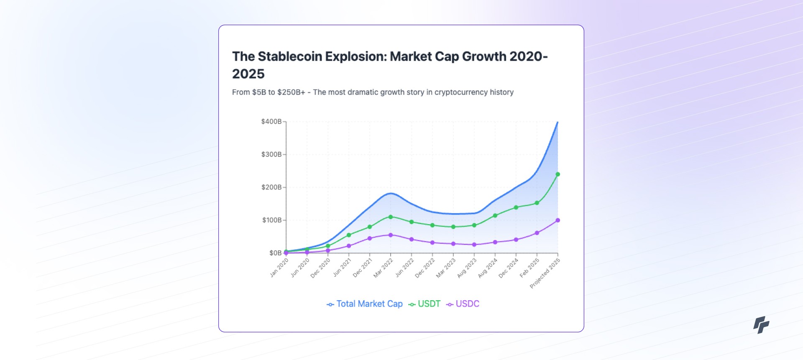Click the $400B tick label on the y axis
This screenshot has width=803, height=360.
[x=271, y=122]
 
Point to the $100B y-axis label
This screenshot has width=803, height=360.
[x=272, y=220]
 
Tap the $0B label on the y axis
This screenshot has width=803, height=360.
[x=275, y=253]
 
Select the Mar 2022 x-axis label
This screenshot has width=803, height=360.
[x=384, y=268]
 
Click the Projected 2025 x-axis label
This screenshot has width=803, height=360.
[x=545, y=273]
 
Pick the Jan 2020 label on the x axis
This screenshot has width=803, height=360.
[x=279, y=268]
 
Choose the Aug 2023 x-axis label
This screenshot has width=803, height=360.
[x=467, y=268]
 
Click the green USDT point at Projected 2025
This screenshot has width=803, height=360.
[x=557, y=174]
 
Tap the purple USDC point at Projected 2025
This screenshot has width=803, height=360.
[x=557, y=220]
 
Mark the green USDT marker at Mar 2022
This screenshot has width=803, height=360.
[x=391, y=217]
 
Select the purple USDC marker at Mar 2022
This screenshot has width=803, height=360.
[x=391, y=235]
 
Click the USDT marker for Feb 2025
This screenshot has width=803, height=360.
[x=537, y=203]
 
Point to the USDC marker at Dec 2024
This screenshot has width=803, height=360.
[x=516, y=240]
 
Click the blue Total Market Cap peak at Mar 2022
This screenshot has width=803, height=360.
[x=391, y=193]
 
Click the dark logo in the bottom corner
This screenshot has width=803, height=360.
[x=761, y=324]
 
